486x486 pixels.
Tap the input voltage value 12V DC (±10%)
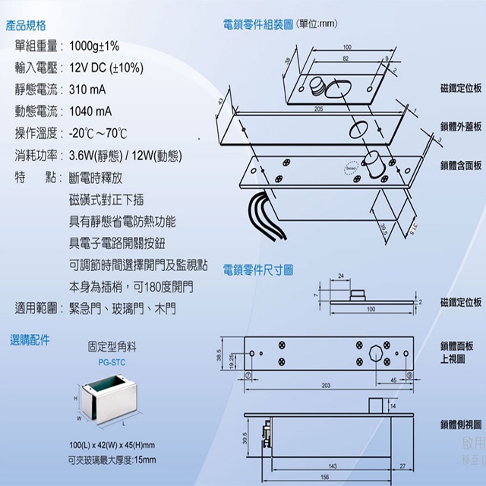(106, 68)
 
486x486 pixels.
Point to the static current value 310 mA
(88, 90)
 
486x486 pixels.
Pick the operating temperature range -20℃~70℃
(98, 134)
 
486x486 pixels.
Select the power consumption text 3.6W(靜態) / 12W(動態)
(125, 156)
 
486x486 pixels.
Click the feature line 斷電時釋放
(95, 178)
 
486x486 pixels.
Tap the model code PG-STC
(112, 362)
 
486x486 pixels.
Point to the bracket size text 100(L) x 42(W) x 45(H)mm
(112, 445)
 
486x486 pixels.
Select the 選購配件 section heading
(31, 340)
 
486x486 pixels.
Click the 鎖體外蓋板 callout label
(460, 126)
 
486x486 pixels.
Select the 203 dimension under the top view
(326, 386)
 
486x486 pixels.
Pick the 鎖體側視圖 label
(460, 424)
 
